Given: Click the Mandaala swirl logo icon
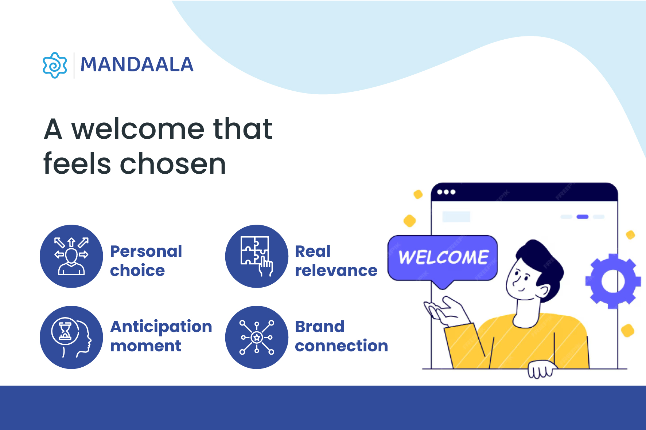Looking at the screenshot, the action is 55,65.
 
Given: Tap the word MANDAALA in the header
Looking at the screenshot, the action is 137,65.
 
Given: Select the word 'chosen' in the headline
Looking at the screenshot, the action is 173,164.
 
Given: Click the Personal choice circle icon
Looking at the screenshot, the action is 71,256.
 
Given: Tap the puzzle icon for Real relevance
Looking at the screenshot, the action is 257,256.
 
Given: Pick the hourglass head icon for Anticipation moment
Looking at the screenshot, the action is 71,338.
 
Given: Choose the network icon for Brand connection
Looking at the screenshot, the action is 257,338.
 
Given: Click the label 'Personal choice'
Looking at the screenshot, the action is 146,261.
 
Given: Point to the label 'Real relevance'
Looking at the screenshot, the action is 336,261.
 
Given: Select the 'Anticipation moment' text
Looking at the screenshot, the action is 161,336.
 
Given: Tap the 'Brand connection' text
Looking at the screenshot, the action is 342,336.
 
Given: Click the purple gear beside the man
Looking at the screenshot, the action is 613,281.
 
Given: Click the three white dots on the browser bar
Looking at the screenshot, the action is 446,192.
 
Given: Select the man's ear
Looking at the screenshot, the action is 543,291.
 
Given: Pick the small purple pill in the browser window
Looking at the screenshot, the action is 583,217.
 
